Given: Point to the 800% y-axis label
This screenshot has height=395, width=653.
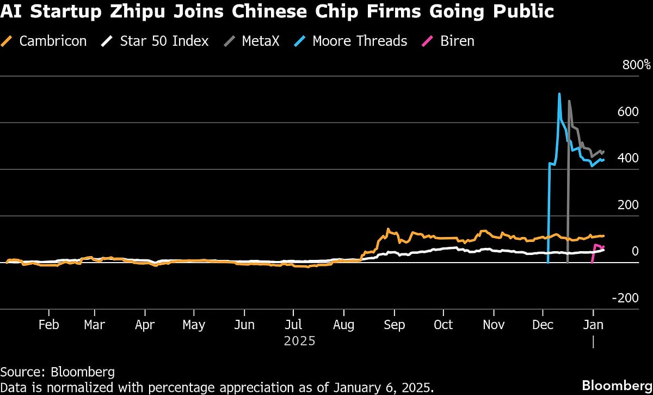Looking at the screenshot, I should tap(636, 65).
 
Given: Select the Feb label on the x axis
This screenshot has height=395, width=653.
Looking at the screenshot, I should tap(48, 325).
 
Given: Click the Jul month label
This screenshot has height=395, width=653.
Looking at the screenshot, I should tap(293, 325).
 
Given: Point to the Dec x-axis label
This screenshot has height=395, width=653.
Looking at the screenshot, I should tap(543, 325).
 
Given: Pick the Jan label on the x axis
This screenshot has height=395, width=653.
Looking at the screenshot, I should tap(593, 325).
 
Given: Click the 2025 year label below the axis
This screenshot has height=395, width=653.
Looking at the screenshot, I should tap(299, 341).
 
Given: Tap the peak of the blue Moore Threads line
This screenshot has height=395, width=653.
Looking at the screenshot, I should tap(559, 94).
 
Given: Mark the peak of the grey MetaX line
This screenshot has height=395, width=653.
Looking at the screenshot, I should tap(569, 101).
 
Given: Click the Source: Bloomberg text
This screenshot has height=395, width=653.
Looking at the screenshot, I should tap(58, 372).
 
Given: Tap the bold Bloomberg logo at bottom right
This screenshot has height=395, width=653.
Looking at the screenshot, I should tap(617, 385).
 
